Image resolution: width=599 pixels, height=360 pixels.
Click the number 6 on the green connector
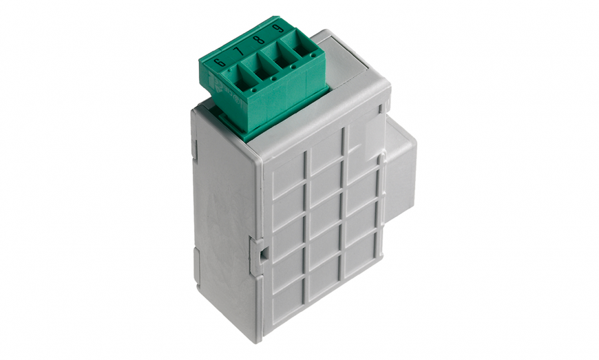coord(220,62)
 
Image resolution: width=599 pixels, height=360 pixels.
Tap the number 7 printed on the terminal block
coord(238,51)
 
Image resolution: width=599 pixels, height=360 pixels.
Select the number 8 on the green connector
coord(259,39)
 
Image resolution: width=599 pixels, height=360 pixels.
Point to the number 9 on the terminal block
coord(278,29)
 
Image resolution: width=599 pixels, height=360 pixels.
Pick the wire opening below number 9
coord(302,47)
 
